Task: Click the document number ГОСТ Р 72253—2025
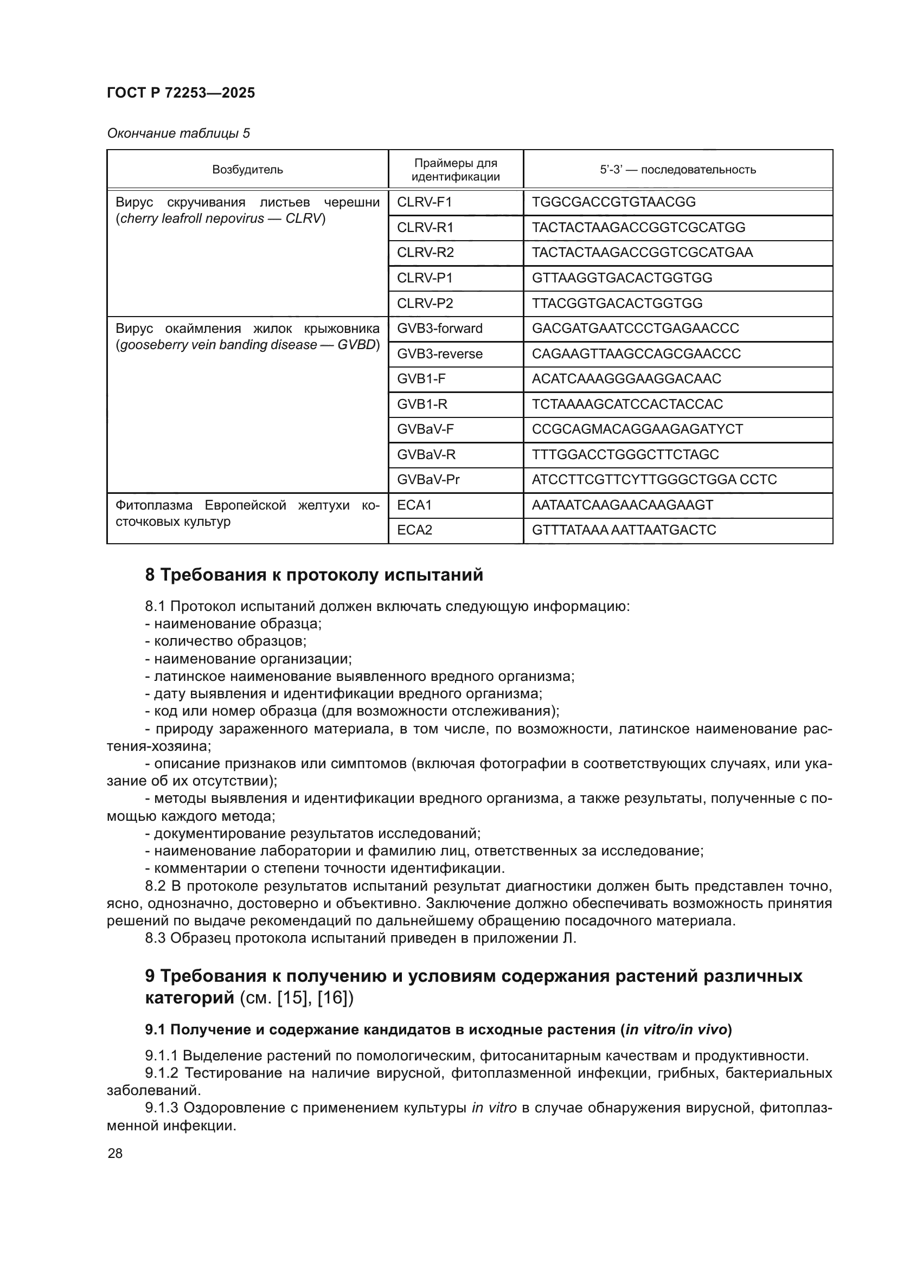tap(181, 93)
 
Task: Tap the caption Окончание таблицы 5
tap(178, 133)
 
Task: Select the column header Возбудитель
tap(247, 170)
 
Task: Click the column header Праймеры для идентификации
tap(455, 170)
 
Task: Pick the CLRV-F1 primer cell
tap(424, 202)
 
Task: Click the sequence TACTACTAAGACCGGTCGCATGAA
tap(642, 253)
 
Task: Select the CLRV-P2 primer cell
tap(425, 303)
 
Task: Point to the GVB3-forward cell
tap(439, 329)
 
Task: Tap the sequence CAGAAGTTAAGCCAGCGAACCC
tap(636, 353)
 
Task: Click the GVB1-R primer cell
tap(422, 404)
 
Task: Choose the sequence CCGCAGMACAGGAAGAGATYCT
tap(637, 429)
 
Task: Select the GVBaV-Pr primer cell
tap(428, 479)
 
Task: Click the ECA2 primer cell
tap(414, 530)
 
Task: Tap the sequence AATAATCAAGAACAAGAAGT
tap(622, 505)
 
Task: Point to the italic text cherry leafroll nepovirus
tap(192, 218)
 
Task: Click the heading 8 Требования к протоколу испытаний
tap(313, 575)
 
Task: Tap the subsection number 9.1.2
tap(162, 1073)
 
